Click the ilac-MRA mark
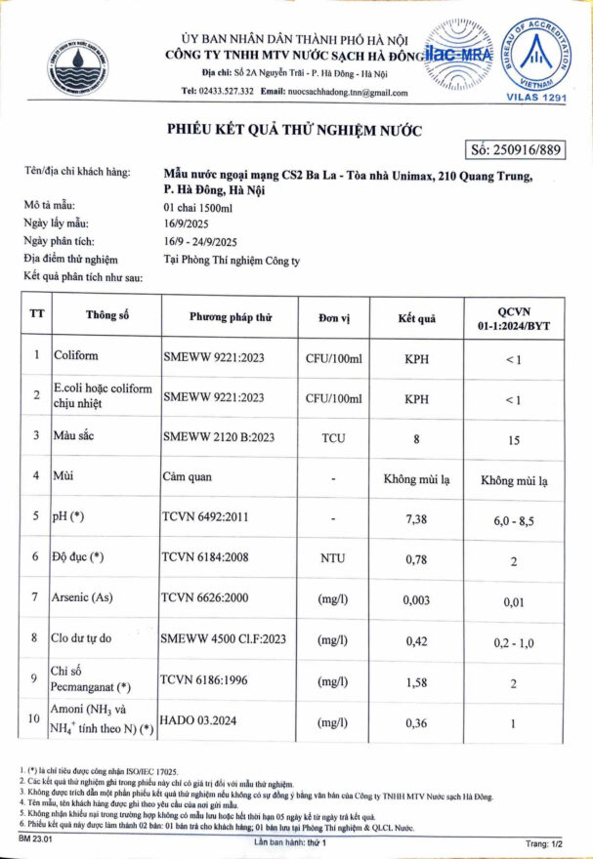[x=459, y=57]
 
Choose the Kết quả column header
[x=416, y=317]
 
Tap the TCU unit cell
[x=333, y=438]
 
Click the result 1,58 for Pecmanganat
[x=417, y=682]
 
